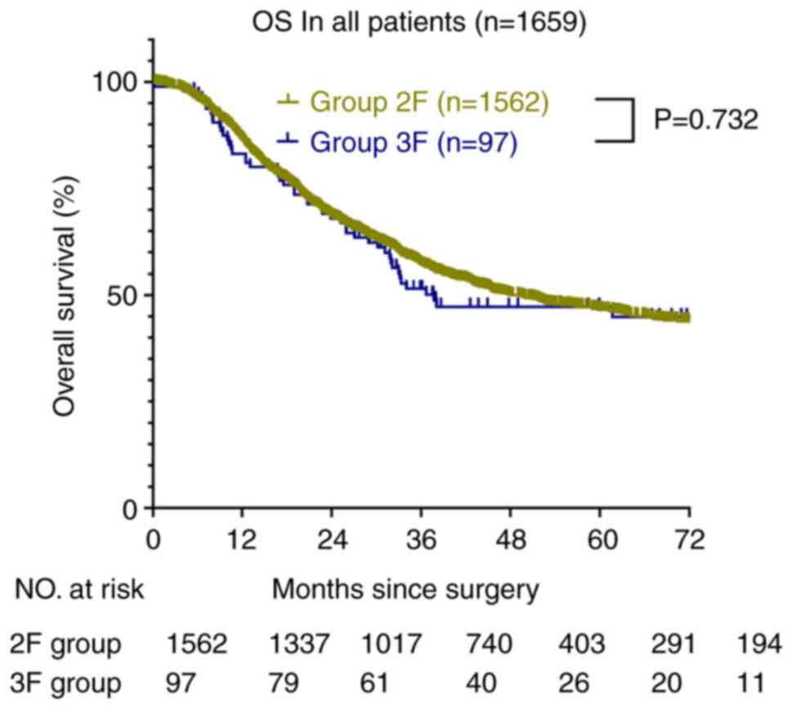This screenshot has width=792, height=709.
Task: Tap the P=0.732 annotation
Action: point(706,121)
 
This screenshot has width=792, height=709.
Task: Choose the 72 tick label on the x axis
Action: point(689,542)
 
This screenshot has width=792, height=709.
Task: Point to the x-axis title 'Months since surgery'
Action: point(406,590)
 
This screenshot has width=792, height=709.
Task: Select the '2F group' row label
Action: point(68,645)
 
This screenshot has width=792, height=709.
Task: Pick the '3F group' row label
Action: point(68,681)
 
